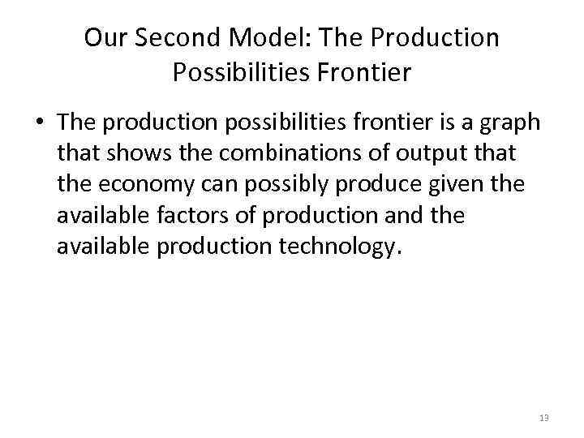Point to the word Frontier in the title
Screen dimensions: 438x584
point(371,73)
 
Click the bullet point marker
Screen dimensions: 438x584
point(40,123)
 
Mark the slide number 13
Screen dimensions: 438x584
point(543,418)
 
